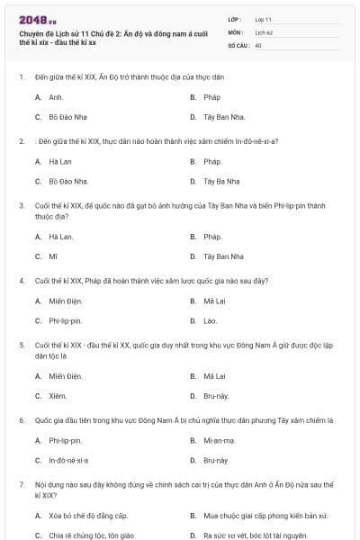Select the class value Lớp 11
point(263,18)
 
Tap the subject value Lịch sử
point(262,31)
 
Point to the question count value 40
point(258,43)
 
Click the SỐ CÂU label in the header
point(238,43)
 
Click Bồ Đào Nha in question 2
point(68,181)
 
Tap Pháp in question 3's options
point(212,236)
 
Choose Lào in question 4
point(210,320)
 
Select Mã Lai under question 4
point(214,300)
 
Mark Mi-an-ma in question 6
point(217,440)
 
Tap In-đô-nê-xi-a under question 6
point(69,460)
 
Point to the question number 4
point(21,280)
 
